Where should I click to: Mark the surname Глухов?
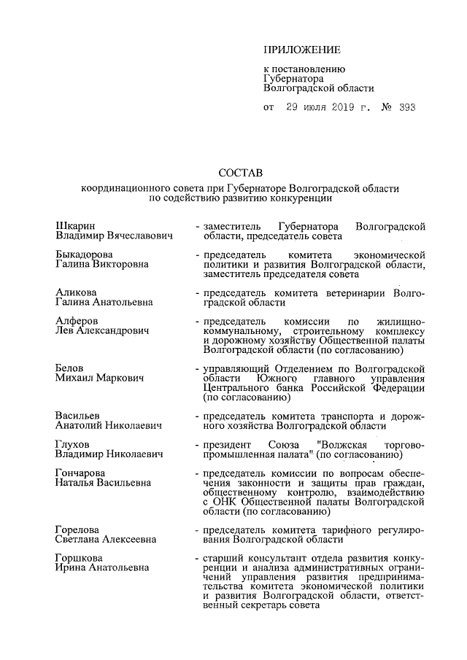(74, 444)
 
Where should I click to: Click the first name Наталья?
(76, 482)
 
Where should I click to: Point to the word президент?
(228, 444)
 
